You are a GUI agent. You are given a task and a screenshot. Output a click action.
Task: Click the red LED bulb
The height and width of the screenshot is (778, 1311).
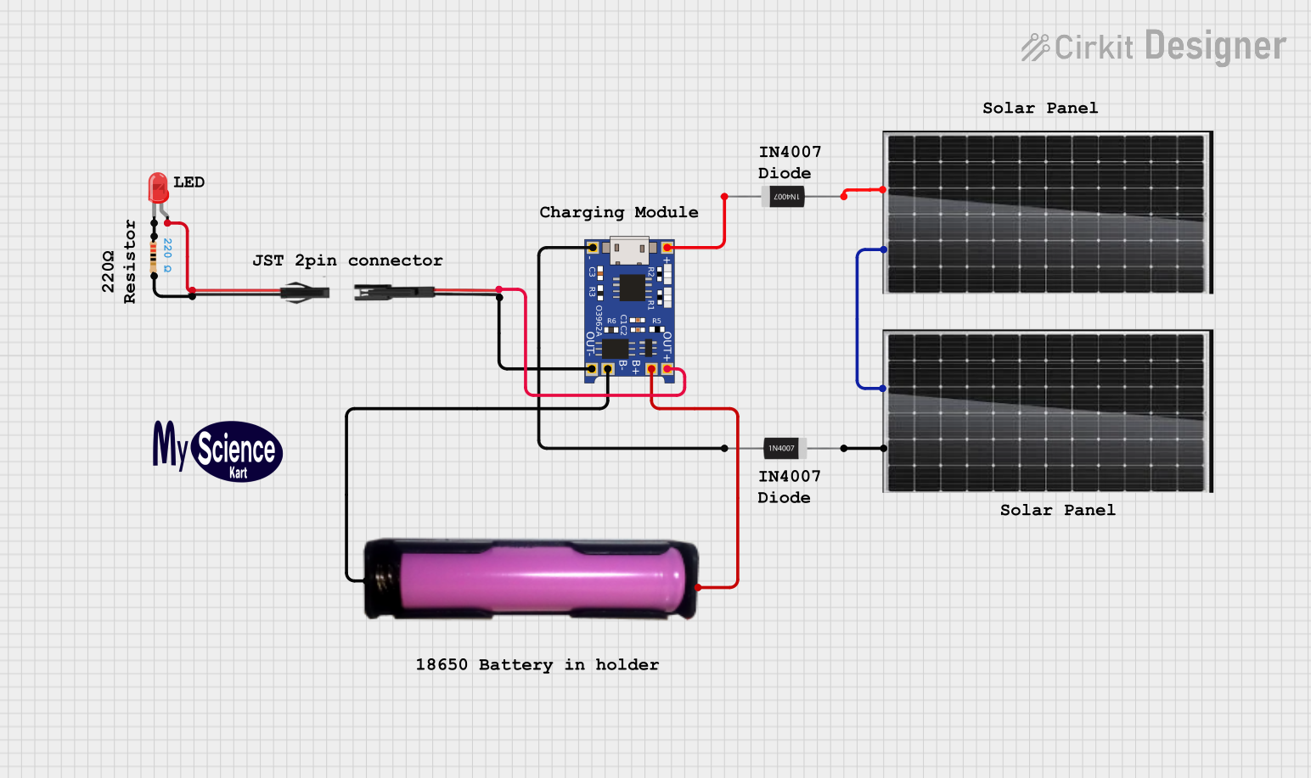[158, 187]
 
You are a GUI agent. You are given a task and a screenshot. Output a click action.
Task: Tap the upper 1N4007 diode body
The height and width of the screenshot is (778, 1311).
[786, 197]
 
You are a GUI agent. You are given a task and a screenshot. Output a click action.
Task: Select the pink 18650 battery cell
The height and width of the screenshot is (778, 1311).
[542, 579]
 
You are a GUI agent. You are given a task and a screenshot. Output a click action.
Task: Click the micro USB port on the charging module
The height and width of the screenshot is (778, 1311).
[629, 250]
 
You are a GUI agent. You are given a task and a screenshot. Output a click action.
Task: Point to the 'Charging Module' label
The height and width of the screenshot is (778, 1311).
[619, 212]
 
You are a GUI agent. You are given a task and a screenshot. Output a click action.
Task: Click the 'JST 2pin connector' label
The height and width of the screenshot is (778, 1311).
[347, 260]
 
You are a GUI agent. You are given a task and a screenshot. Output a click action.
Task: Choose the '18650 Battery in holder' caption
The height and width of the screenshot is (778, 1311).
[537, 664]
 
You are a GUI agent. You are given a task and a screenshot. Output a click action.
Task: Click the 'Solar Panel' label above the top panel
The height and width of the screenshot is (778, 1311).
[1040, 108]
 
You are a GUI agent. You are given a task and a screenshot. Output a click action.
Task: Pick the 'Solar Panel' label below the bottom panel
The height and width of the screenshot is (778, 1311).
[1057, 510]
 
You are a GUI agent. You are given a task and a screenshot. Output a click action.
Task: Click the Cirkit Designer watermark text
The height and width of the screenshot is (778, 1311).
[1155, 47]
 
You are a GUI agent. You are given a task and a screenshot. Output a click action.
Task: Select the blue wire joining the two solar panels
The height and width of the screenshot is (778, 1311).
[858, 319]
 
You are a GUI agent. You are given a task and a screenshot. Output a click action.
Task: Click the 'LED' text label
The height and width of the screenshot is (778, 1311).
[188, 182]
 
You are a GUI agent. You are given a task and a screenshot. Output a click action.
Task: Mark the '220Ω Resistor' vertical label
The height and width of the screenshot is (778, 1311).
[119, 261]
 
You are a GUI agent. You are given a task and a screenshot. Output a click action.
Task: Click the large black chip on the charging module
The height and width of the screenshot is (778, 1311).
[632, 288]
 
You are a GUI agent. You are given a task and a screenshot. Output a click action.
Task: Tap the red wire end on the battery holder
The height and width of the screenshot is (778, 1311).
[699, 587]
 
